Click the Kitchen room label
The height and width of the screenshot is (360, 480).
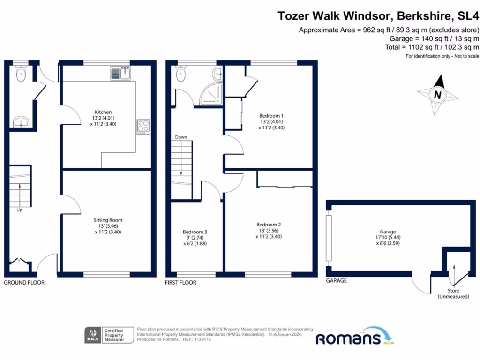[103, 112]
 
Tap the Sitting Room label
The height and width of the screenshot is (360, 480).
[108, 220]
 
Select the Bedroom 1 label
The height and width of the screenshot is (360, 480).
[271, 115]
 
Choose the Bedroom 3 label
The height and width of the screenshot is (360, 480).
[195, 232]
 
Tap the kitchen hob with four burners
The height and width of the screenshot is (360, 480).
[143, 127]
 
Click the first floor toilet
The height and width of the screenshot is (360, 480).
[181, 74]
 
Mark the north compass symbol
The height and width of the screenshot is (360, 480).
[437, 94]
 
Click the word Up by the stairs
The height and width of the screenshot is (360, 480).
[20, 210]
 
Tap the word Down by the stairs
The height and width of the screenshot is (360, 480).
[181, 137]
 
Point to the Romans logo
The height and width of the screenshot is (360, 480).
[354, 337]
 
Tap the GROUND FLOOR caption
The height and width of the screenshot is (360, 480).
[24, 283]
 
